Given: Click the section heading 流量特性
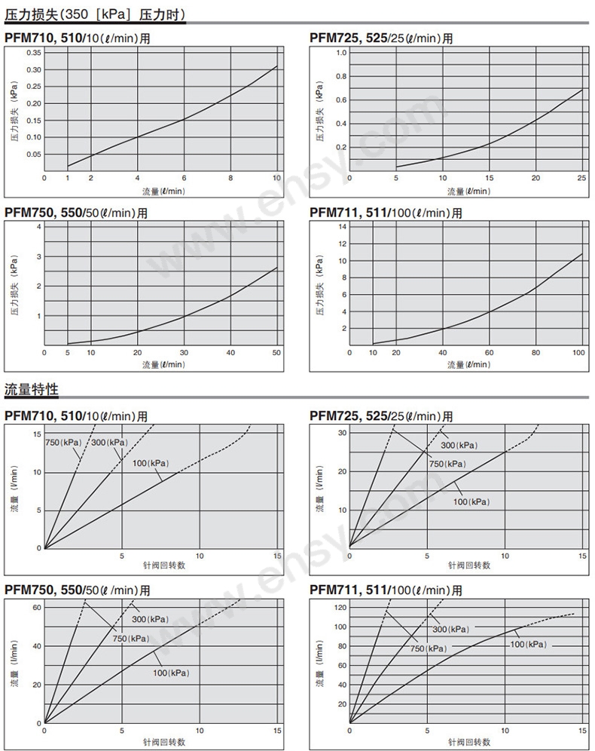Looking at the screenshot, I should pos(31,391).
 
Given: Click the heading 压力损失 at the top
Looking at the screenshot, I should pos(30,14).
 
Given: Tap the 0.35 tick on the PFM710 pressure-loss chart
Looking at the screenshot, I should pos(34,53).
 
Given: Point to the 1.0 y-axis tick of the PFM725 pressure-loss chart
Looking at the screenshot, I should pos(341,53).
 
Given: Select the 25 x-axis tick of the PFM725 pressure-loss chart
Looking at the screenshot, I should pos(581,178).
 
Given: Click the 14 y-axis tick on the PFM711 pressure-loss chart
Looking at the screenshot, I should pos(342,226).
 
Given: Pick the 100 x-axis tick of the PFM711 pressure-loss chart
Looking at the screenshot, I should pos(579,353).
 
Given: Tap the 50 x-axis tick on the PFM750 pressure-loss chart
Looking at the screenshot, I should pos(276,353).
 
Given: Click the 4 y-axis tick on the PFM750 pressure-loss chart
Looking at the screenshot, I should pos(37,227).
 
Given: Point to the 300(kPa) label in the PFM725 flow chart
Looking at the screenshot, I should pos(459,445).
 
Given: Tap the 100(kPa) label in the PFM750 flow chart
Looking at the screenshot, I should pos(171,673).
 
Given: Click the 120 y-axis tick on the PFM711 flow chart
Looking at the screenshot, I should pos(340,607).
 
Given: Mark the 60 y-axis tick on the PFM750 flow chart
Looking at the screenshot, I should pos(35,607).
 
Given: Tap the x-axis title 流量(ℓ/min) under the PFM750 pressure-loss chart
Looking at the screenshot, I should pos(163,364).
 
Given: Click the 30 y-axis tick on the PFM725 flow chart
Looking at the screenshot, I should pos(341,432).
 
